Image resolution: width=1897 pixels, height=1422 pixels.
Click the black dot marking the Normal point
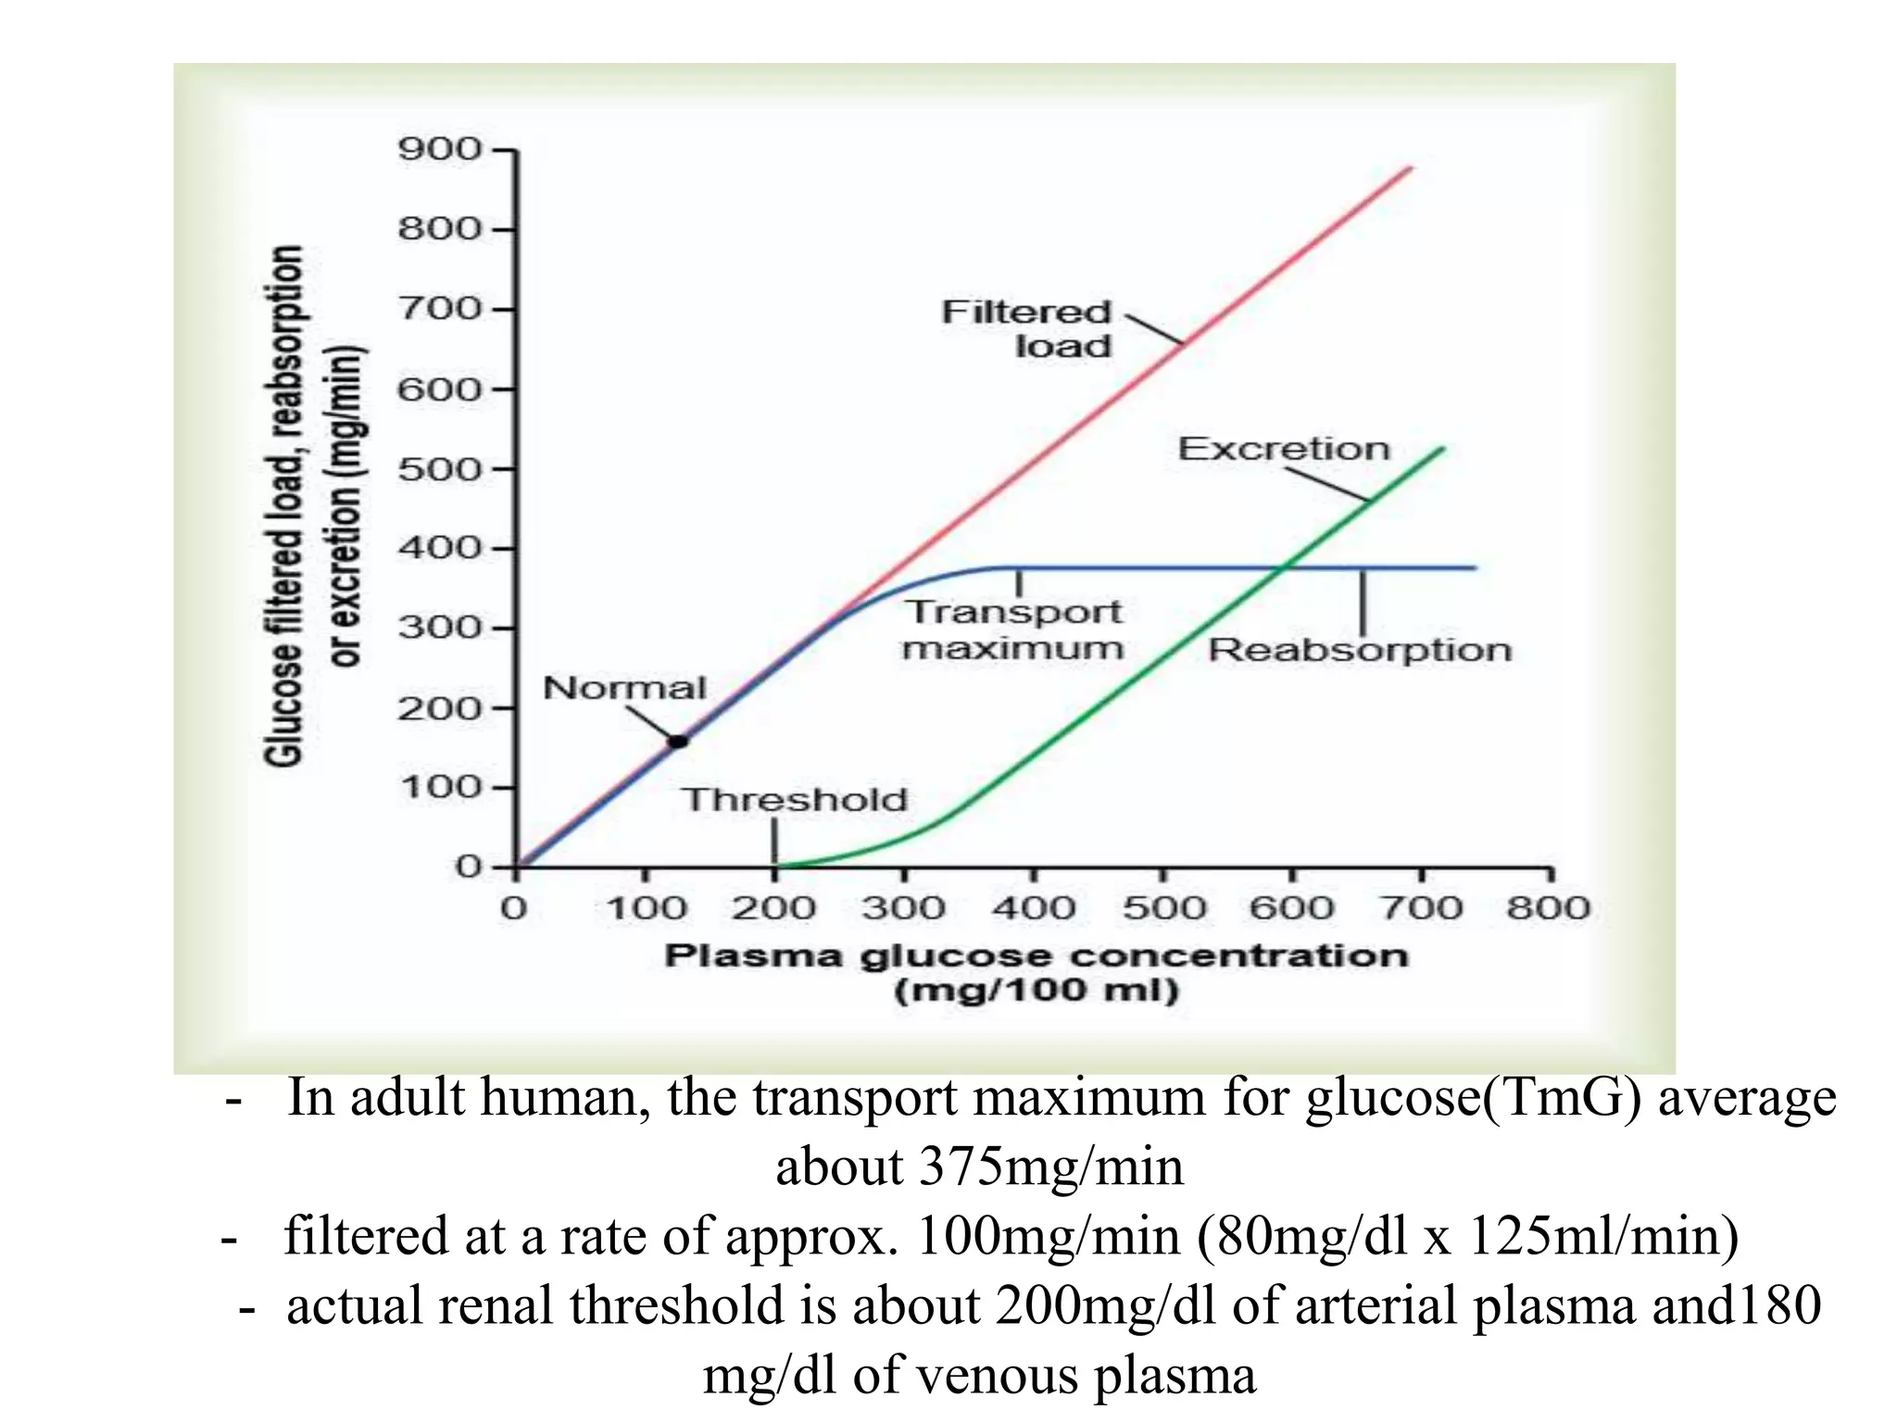[679, 741]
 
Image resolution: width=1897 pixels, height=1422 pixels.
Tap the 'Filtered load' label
[1026, 329]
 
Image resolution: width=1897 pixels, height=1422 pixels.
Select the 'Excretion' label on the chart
[1284, 449]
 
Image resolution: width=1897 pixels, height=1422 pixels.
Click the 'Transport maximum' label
[1013, 630]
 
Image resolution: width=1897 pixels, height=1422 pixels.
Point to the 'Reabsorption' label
[1360, 650]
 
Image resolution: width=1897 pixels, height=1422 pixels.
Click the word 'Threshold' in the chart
[795, 800]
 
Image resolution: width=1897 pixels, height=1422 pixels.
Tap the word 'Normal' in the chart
[624, 688]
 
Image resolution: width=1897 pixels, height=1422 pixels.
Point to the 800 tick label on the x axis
[1548, 908]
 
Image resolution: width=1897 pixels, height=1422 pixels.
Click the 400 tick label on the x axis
[1033, 908]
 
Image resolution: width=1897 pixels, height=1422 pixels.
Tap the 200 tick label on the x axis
[773, 908]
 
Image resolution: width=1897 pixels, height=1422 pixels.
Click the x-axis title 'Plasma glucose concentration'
[1036, 956]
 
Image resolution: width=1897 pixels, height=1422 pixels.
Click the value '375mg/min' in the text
[1051, 1166]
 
